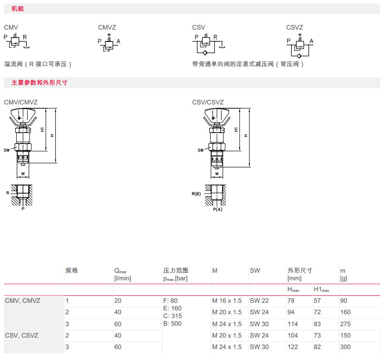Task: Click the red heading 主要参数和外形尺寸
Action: (39, 82)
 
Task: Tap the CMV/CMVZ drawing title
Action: (20, 102)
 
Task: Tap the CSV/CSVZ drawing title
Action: (208, 102)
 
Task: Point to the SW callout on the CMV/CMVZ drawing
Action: (7, 150)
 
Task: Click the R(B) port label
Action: (196, 194)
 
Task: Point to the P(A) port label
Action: (217, 210)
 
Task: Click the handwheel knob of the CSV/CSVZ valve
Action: (218, 114)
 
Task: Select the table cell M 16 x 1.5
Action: (227, 301)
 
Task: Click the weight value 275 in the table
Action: (345, 324)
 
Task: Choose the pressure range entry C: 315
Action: (172, 316)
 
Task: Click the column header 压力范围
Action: (175, 270)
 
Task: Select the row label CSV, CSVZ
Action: (21, 336)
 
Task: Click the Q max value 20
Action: (118, 301)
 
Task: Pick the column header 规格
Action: (71, 270)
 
